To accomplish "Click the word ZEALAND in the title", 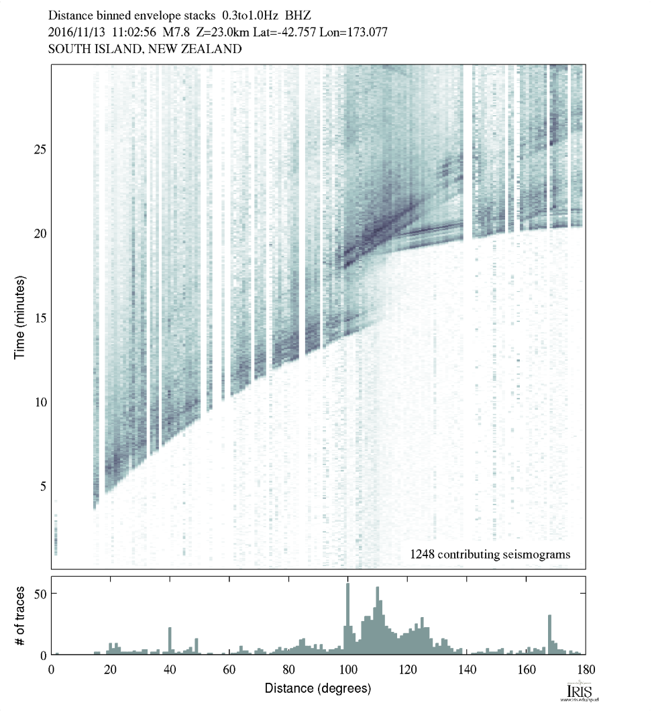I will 209,49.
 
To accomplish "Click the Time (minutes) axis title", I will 20,317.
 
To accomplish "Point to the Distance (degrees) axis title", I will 317,689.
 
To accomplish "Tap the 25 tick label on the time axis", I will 40,149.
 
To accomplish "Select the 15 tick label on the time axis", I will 40,317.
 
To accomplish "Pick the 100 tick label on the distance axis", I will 347,669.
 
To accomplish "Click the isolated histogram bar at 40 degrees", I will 170,641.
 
